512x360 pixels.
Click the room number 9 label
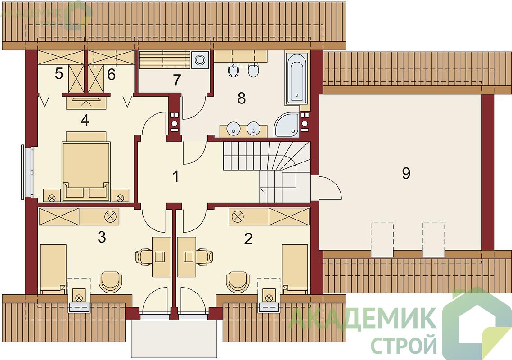pos(406,173)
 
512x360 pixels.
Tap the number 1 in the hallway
pos(175,177)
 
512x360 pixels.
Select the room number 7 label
pos(177,81)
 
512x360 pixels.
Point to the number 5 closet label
pos(59,74)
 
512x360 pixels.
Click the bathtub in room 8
pos(296,78)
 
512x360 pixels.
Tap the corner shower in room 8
pos(287,125)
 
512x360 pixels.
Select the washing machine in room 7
pos(200,60)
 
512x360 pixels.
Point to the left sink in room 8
pos(233,128)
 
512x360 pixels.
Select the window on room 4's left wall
pos(27,172)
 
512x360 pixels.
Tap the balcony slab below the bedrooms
pos(174,338)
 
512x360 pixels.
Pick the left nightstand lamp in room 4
pos(52,198)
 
